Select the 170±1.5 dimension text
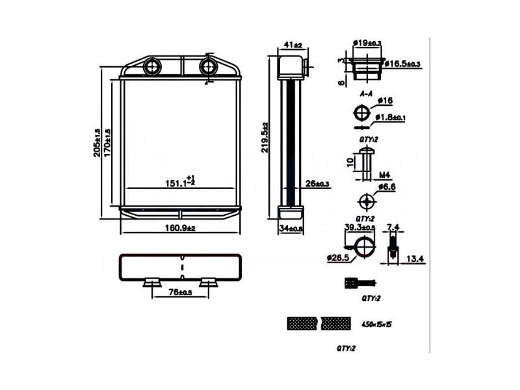[108, 142]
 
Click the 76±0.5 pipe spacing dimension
[181, 292]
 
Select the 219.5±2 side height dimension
[265, 136]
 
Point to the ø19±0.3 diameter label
[367, 43]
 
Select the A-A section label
[367, 94]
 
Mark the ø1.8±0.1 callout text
[391, 117]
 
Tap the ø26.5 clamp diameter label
[339, 258]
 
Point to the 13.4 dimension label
[415, 259]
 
